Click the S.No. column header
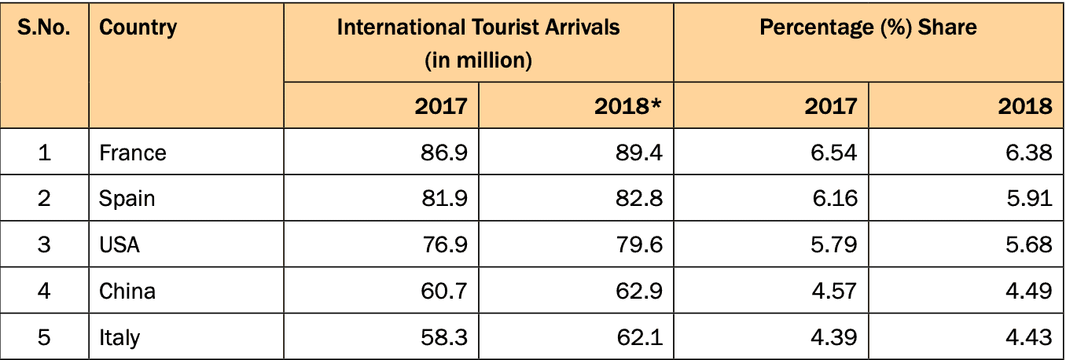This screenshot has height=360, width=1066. pos(44,28)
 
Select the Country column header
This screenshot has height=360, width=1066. pos(138,28)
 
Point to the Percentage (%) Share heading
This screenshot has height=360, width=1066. pos(868,28)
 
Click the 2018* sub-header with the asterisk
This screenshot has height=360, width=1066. pos(627,106)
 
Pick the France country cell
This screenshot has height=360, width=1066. pos(133,152)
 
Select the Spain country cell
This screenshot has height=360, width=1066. pos(127,198)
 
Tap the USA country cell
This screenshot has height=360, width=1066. pos(119,244)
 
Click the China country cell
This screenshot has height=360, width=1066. pos(127,291)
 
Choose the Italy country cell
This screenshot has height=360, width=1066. pos(119,337)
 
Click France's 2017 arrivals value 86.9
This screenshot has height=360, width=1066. pos(444,152)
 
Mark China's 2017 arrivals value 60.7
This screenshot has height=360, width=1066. pos(444,291)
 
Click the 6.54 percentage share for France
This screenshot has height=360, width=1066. pos(834,152)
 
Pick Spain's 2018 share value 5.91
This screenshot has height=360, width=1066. pos(1029,198)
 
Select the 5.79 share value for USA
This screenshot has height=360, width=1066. pos(834,244)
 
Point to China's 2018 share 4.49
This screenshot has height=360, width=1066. pos(1029,291)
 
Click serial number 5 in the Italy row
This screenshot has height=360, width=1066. pos(44,337)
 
